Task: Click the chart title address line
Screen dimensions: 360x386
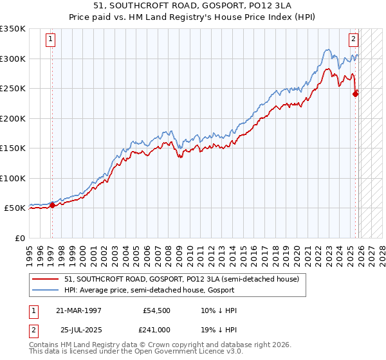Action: coord(192,7)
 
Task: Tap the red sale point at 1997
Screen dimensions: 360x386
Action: coord(53,206)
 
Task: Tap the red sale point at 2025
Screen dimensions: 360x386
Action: coord(356,94)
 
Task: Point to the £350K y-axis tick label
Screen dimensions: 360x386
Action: coord(13,29)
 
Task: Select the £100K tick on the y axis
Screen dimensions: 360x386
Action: coord(13,178)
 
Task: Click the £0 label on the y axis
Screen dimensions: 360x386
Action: coord(19,238)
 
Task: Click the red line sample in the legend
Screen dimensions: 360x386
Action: coord(46,280)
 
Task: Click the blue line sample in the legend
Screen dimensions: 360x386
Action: coord(46,291)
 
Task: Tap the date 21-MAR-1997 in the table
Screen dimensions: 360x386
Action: coord(78,310)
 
